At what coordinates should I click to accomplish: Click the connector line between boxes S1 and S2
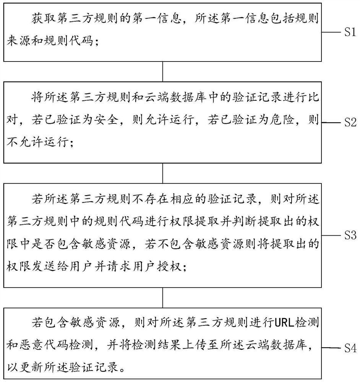[x=163, y=71]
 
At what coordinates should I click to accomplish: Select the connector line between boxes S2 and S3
[x=163, y=173]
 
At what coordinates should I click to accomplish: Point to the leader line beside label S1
[x=331, y=32]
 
